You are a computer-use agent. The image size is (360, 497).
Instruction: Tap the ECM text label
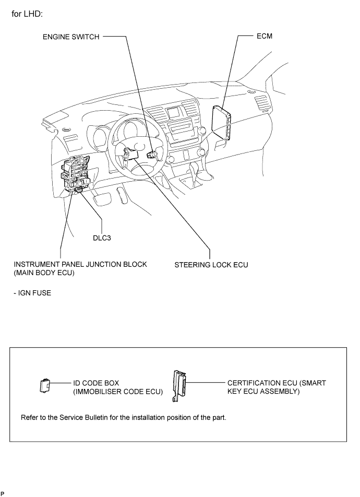265,37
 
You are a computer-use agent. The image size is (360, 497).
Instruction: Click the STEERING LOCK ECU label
211,265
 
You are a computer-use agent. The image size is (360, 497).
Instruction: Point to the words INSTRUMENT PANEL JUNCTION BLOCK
80,264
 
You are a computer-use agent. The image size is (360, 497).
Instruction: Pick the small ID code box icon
44,386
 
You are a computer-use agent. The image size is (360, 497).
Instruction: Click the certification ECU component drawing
179,386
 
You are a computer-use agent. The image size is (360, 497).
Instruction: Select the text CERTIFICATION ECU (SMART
277,383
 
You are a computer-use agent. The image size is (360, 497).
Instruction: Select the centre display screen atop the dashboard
174,112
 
